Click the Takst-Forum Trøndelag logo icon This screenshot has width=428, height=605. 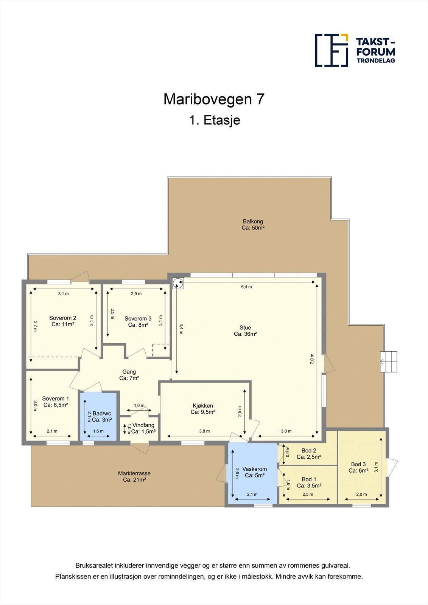[x=332, y=50]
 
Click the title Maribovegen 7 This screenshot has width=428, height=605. [x=214, y=99]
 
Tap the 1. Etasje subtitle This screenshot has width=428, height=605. [x=214, y=120]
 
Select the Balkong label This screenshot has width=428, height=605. [x=253, y=225]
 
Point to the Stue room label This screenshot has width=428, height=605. [x=245, y=331]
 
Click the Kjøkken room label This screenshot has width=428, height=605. [x=203, y=409]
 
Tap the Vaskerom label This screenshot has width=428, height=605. [x=254, y=472]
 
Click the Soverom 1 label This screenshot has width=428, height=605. [x=55, y=402]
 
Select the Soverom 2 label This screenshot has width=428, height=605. [x=63, y=321]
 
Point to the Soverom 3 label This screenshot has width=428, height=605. [x=138, y=321]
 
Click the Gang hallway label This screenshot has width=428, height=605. [x=129, y=375]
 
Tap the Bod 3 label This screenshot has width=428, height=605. [x=358, y=467]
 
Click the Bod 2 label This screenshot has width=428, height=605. [x=309, y=453]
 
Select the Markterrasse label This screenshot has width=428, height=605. [x=134, y=476]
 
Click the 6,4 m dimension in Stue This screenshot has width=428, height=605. [x=246, y=287]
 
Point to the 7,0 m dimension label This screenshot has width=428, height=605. [x=312, y=358]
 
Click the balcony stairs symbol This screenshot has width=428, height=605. [x=389, y=362]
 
